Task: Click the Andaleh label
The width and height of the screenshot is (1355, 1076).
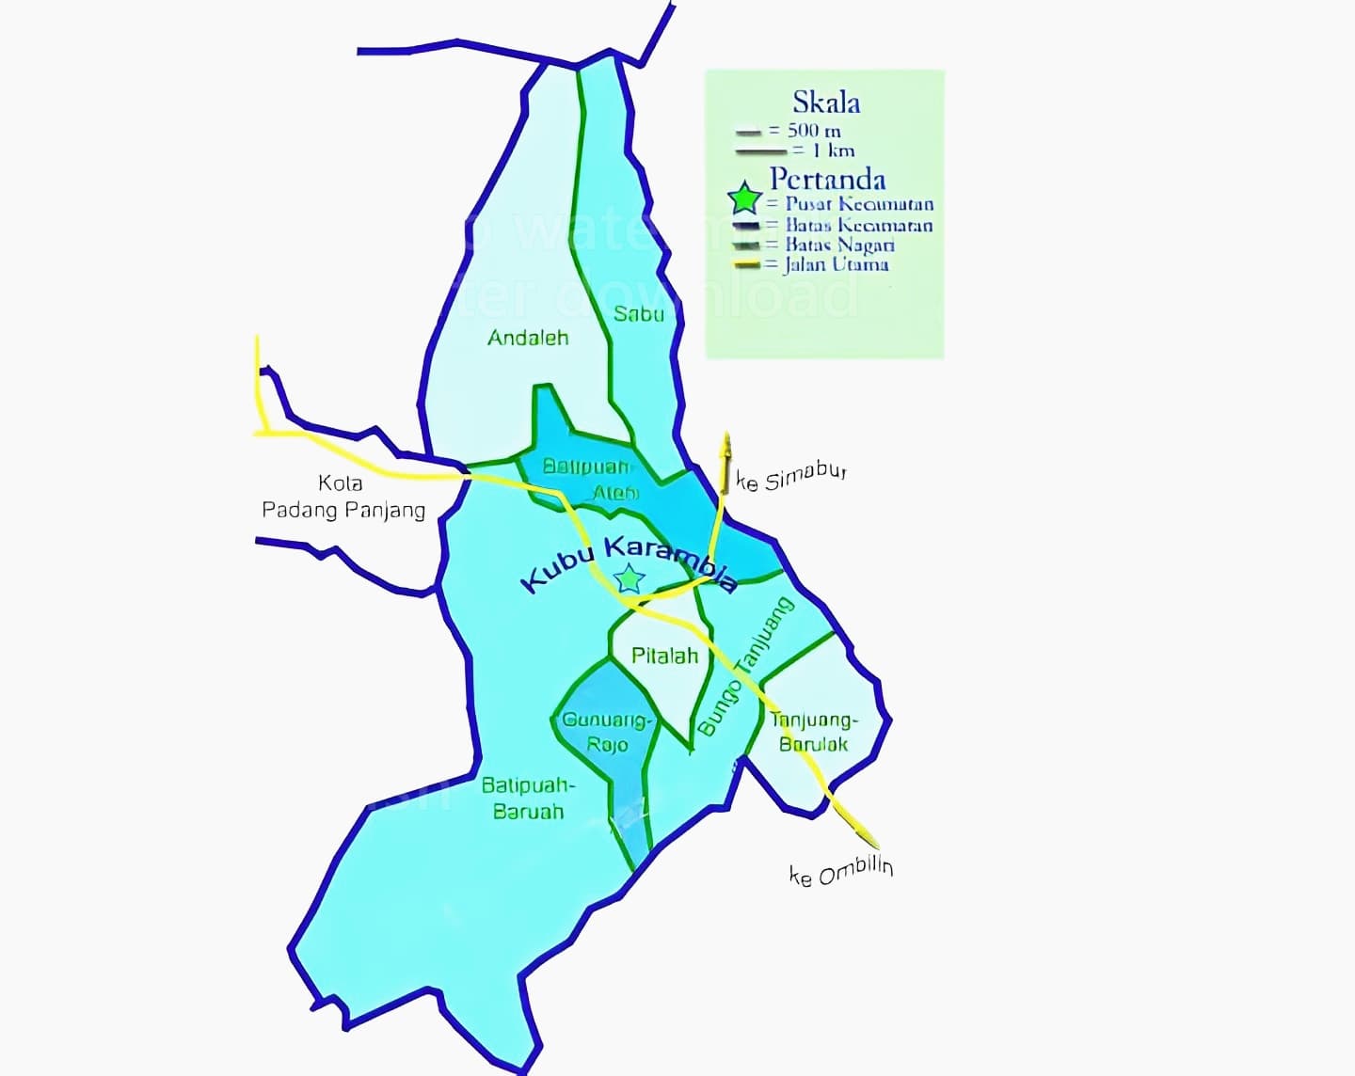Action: pos(528,338)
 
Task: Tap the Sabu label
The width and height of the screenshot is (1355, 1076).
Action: pos(639,314)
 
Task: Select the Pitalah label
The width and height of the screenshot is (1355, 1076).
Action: pos(664,656)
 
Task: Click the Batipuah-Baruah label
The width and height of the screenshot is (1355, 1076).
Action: pos(528,798)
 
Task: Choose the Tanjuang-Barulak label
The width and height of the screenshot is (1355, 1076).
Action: pos(814,732)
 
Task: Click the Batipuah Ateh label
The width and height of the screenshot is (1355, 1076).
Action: pos(590,479)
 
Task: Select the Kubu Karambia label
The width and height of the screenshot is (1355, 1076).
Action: pos(630,564)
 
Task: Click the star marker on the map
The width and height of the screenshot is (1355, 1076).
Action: pos(629,578)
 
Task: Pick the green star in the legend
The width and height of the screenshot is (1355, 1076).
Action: pos(744,199)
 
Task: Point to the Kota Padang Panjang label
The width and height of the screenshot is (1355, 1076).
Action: pos(343,497)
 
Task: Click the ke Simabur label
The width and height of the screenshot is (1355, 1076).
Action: pos(791,478)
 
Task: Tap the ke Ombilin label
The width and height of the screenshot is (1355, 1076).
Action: pos(840,872)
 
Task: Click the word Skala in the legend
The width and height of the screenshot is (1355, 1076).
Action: pos(825,102)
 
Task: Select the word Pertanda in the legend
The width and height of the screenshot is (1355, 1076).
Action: pos(827,179)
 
